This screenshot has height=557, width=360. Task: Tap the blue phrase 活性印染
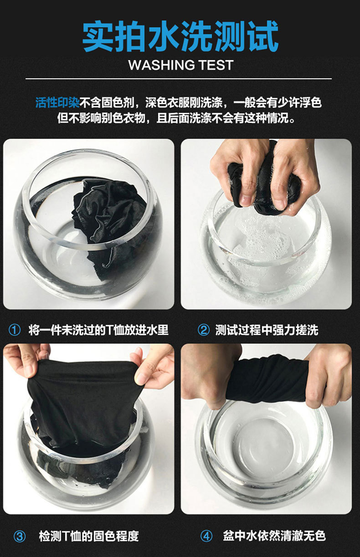(x=57, y=102)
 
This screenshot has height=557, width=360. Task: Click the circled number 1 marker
(x=15, y=330)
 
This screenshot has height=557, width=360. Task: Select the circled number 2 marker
(x=204, y=330)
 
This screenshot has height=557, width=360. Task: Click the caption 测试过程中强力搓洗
(x=267, y=330)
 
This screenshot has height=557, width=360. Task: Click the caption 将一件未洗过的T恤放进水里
(x=98, y=330)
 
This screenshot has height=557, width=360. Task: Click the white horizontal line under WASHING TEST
(x=179, y=79)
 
